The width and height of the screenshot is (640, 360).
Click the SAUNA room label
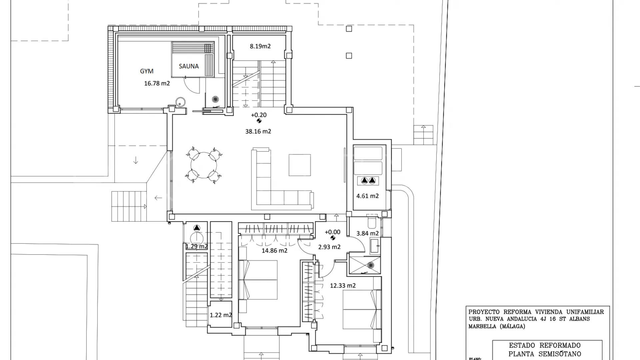pos(189,66)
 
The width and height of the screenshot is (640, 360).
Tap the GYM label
pos(147,71)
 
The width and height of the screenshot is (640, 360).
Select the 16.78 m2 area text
pos(157,83)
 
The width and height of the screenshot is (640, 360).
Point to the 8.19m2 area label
pos(260,46)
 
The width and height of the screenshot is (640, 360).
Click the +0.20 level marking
pos(259,115)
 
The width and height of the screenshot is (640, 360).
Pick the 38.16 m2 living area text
pos(258,131)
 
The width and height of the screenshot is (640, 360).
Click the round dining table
pos(204,165)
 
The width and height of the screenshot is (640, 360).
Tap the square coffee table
pos(300,165)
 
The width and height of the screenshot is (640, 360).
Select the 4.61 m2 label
pos(368,196)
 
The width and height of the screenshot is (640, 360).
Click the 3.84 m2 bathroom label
pos(368,233)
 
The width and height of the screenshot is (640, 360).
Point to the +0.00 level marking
pos(333,232)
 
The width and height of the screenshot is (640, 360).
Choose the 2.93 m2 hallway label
pos(329,247)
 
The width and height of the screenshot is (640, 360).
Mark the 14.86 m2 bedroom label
pos(274,251)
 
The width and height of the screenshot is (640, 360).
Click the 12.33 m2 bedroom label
pos(343,286)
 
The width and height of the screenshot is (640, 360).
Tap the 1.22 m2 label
pos(221,315)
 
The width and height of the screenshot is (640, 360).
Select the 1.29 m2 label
pos(197,247)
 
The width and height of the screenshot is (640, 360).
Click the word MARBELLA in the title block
pos(482,326)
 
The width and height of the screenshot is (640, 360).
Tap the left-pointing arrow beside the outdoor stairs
pos(158,198)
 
